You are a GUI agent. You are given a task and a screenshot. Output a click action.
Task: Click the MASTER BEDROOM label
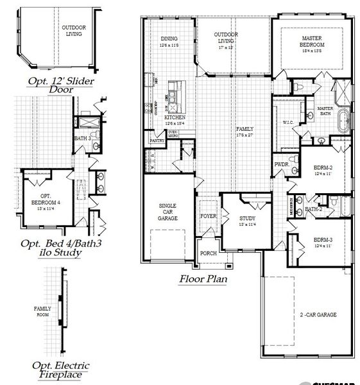(313, 42)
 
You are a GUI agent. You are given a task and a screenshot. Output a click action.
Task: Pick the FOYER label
(209, 216)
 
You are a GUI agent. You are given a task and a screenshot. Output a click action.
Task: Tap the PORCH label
(208, 253)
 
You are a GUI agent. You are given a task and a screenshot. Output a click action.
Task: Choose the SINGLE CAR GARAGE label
(167, 212)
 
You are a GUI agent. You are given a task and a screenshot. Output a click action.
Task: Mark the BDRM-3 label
(322, 243)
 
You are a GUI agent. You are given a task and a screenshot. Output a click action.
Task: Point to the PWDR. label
(281, 165)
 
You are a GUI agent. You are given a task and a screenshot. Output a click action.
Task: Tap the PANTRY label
(157, 140)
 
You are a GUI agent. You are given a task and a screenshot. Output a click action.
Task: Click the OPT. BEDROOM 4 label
(46, 198)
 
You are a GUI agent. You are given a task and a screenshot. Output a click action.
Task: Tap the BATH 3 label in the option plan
(81, 138)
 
